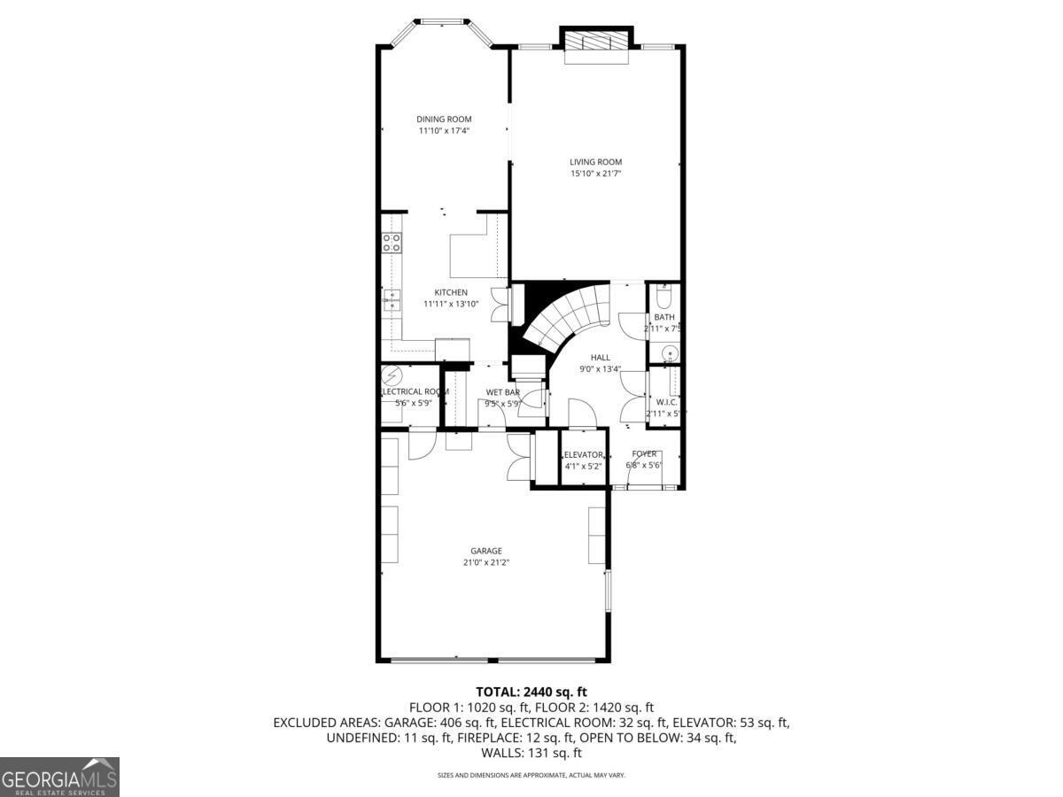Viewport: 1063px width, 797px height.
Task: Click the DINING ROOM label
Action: point(444,120)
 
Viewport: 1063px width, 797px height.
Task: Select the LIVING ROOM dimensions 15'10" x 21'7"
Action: point(595,174)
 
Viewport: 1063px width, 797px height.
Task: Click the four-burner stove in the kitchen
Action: point(392,244)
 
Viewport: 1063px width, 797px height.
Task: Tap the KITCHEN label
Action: point(451,293)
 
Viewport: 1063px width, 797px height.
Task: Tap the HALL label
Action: point(600,358)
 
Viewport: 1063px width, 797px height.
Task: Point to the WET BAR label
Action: point(502,392)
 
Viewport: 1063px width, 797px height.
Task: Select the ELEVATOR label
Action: point(583,455)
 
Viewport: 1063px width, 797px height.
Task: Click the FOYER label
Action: point(644,454)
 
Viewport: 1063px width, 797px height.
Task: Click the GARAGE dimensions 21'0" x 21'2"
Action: point(486,562)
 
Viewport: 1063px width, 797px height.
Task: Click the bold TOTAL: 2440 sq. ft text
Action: point(531,692)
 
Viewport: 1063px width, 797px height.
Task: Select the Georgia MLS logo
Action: point(59,778)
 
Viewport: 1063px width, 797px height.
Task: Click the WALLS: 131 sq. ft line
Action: point(531,754)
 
